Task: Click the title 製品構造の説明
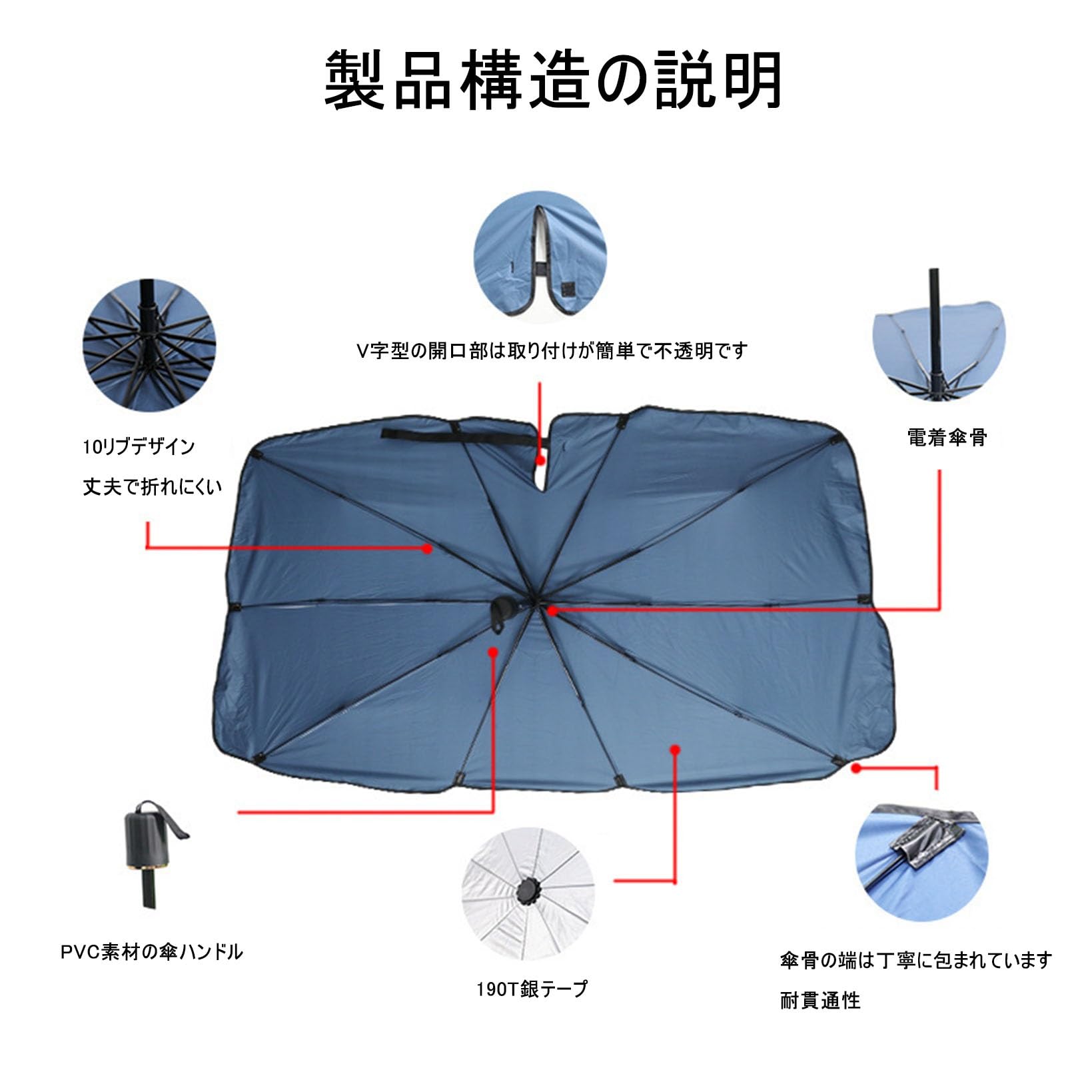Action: pos(552,80)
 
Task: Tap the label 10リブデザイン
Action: pos(139,446)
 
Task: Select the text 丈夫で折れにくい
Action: pos(152,487)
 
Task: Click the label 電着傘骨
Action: pos(947,438)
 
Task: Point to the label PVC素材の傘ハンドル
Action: pos(152,952)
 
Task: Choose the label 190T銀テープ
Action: pos(532,989)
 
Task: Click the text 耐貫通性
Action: pos(820,1000)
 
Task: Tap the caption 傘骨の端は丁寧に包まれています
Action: pos(916,960)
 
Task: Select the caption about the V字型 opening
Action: pos(552,351)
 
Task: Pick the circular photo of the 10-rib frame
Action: pos(149,345)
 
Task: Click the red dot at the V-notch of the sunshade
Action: pos(541,460)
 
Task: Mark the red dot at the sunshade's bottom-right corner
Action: pos(857,768)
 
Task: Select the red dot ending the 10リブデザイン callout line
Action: pos(428,548)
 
